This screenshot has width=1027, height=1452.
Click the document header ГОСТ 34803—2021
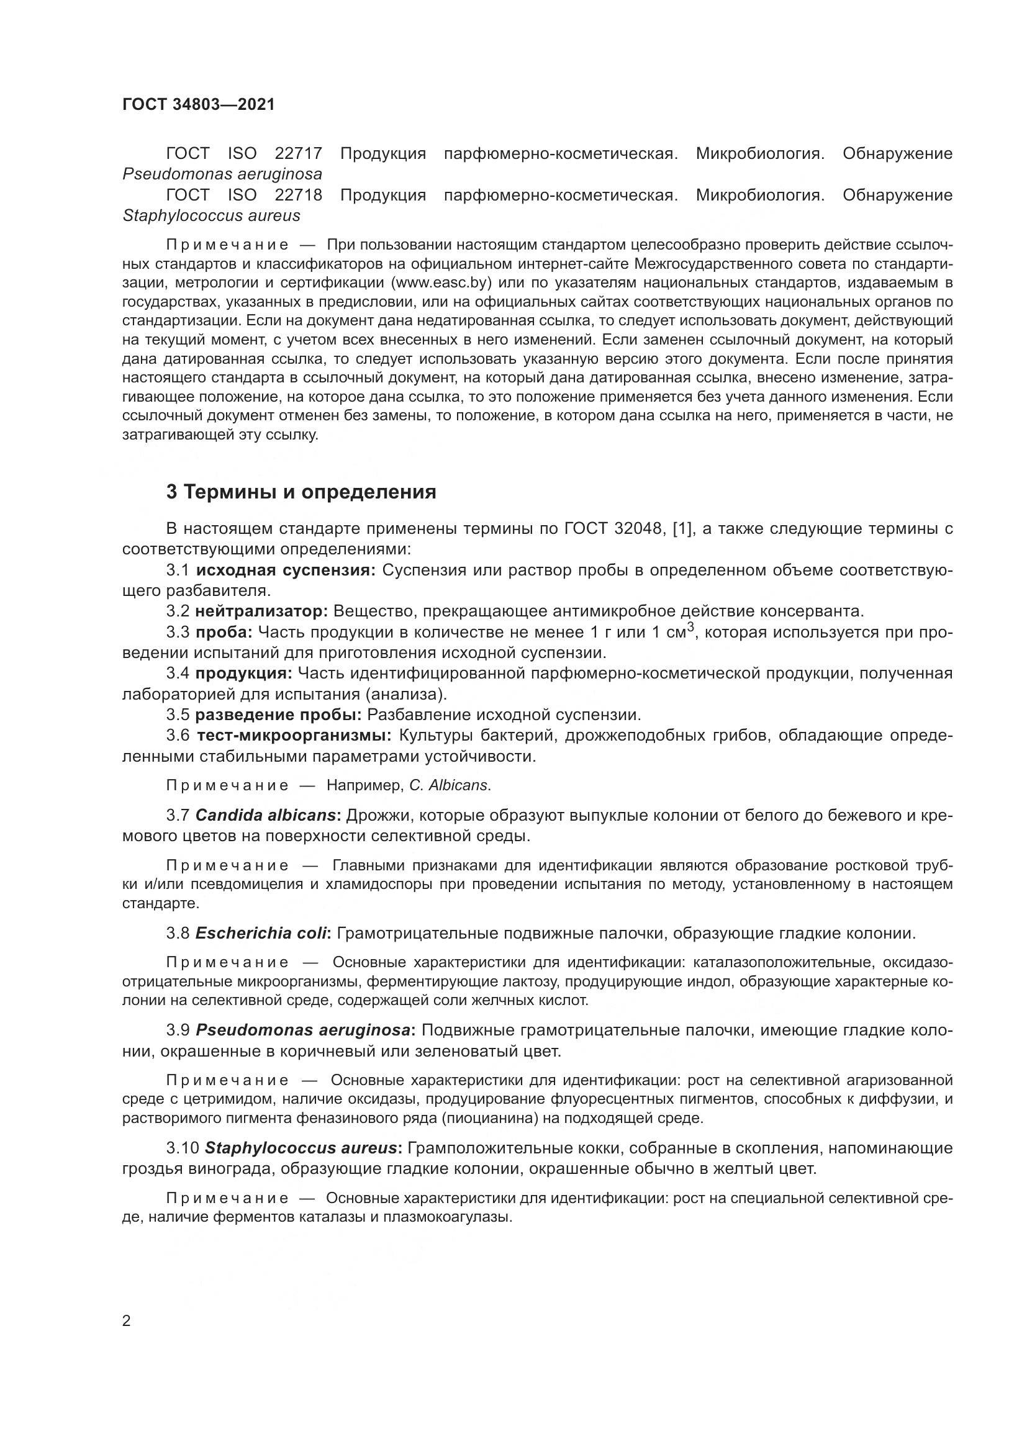(199, 105)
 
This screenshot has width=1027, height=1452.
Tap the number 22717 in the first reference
(299, 154)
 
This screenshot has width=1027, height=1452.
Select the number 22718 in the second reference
(299, 196)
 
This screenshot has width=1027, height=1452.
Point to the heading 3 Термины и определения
(301, 492)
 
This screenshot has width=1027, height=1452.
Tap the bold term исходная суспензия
(286, 570)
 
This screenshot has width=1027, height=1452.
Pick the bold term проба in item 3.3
(224, 633)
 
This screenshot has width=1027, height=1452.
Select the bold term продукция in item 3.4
(243, 674)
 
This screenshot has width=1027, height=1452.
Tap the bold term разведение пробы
(278, 715)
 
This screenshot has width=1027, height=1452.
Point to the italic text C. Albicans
(449, 785)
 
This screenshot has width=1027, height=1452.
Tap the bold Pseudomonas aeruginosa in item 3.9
(303, 1030)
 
